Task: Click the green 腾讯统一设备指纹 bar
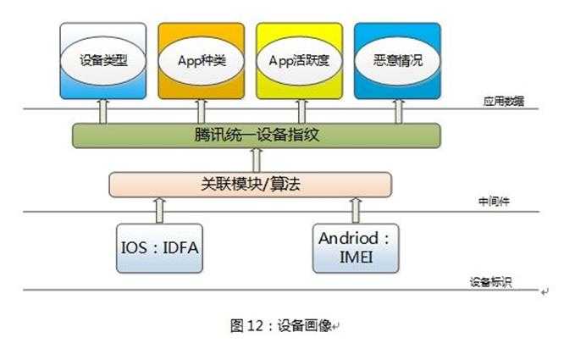click(x=256, y=135)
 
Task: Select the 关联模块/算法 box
click(x=251, y=184)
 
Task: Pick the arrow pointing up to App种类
click(x=202, y=110)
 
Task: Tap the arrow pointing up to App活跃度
click(x=299, y=110)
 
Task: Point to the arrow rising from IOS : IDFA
click(x=158, y=208)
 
